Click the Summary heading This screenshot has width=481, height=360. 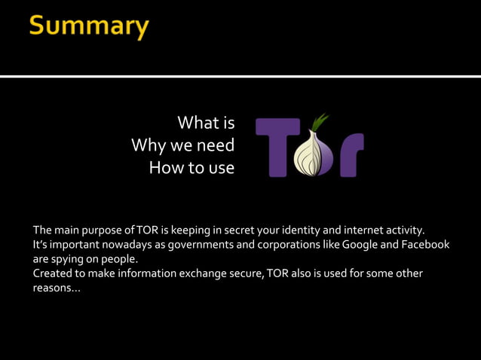pyautogui.click(x=89, y=26)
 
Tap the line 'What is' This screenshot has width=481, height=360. pyautogui.click(x=206, y=123)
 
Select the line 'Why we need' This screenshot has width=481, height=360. pyautogui.click(x=182, y=145)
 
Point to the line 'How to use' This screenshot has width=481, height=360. pyautogui.click(x=191, y=167)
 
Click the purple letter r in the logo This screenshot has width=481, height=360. pyautogui.click(x=349, y=154)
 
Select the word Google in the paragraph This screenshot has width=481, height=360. pyautogui.click(x=363, y=245)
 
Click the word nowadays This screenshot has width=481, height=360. pyautogui.click(x=123, y=245)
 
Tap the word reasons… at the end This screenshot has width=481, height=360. pyautogui.click(x=56, y=288)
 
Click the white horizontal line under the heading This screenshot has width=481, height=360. pyautogui.click(x=240, y=76)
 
